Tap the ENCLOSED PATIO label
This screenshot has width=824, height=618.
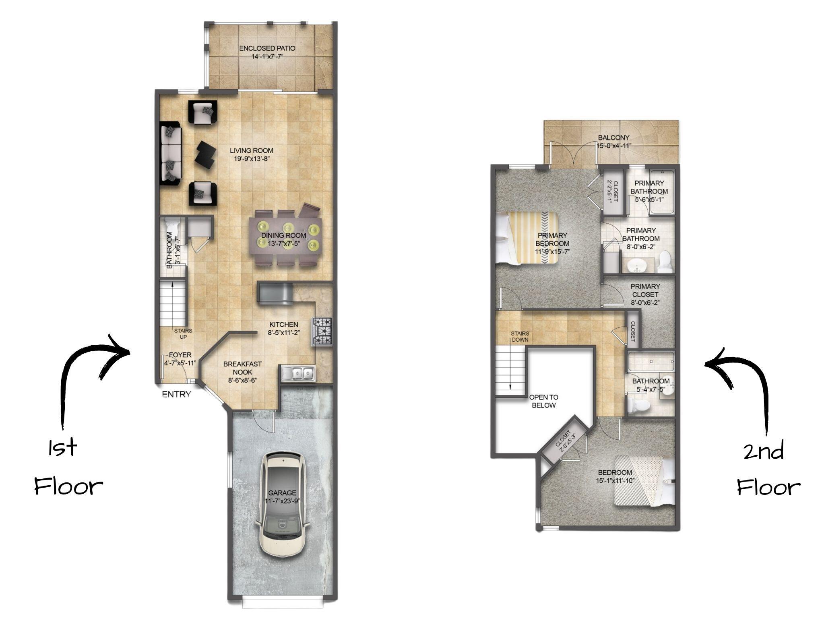pos(267,48)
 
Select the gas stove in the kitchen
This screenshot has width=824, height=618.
pos(322,331)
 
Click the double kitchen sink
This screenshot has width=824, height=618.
pos(298,373)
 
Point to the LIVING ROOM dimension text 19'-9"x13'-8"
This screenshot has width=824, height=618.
pos(252,159)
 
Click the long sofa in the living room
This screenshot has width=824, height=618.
pos(171,153)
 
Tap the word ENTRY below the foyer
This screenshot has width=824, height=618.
pos(176,394)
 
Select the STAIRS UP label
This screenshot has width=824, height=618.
pos(183,334)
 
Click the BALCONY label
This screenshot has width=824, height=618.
pos(613,138)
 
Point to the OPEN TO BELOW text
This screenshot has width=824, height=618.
pos(543,401)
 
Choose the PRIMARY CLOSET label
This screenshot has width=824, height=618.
pos(645,290)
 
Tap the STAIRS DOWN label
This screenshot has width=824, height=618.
pos(520,337)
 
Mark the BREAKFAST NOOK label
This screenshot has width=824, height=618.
pos(242,368)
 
